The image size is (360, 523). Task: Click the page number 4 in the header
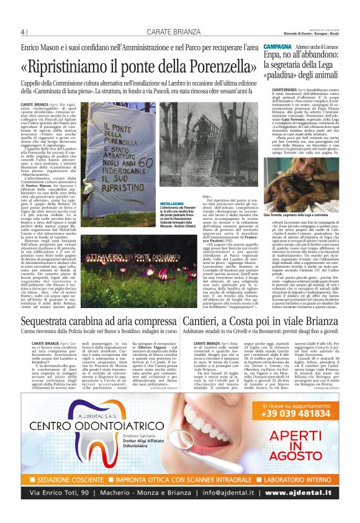tap(22, 32)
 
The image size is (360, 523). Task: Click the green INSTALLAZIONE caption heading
tap(173, 203)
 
